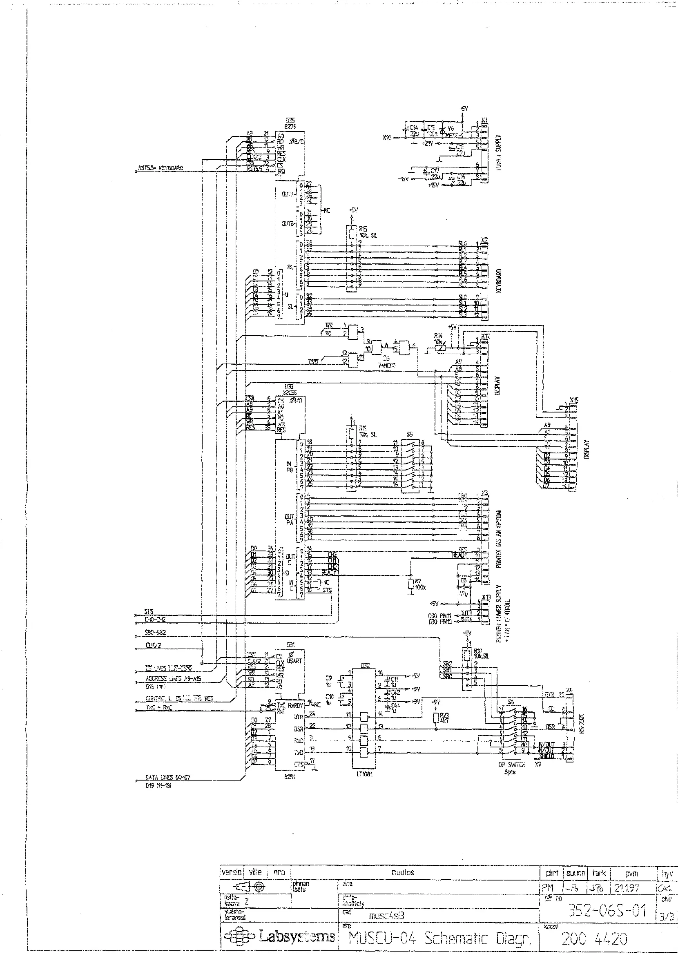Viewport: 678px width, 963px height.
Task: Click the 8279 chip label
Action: click(x=290, y=125)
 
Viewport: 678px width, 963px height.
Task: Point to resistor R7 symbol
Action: click(x=411, y=584)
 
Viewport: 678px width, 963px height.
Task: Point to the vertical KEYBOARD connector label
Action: click(x=499, y=281)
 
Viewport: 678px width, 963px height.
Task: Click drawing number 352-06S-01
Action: click(x=607, y=911)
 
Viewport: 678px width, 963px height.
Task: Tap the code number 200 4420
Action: click(x=595, y=938)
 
